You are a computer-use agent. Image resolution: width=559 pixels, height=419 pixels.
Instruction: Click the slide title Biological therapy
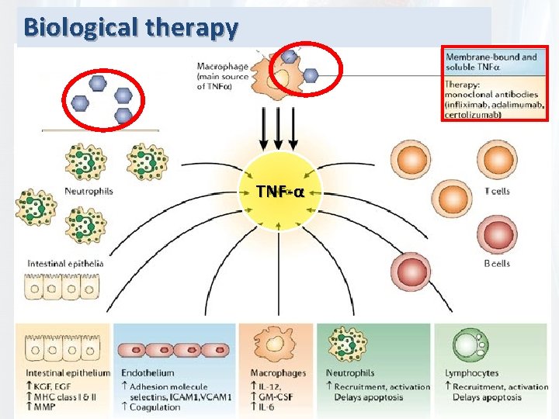(130, 27)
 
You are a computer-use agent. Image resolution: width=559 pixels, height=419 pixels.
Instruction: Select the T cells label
(496, 191)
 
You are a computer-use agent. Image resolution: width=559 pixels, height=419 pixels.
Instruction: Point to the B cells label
(497, 264)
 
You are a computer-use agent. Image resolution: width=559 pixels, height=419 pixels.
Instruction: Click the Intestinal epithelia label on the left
(65, 264)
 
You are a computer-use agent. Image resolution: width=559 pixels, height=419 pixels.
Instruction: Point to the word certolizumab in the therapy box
(473, 116)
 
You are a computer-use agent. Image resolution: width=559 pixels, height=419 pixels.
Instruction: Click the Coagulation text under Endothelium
(155, 407)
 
